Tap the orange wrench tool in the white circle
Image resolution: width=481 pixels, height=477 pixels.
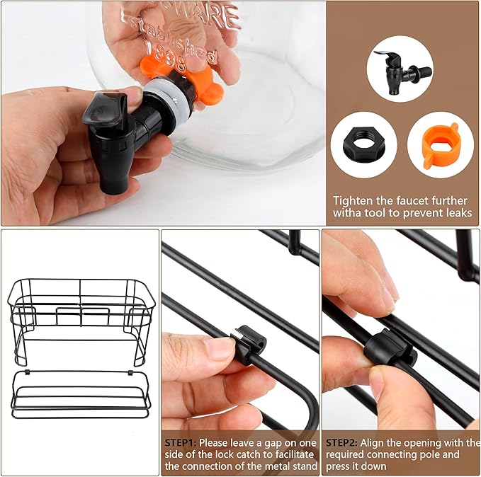tap(439, 146)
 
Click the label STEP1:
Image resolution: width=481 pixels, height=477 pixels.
tap(181, 442)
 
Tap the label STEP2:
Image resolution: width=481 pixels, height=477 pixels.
tap(341, 442)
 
